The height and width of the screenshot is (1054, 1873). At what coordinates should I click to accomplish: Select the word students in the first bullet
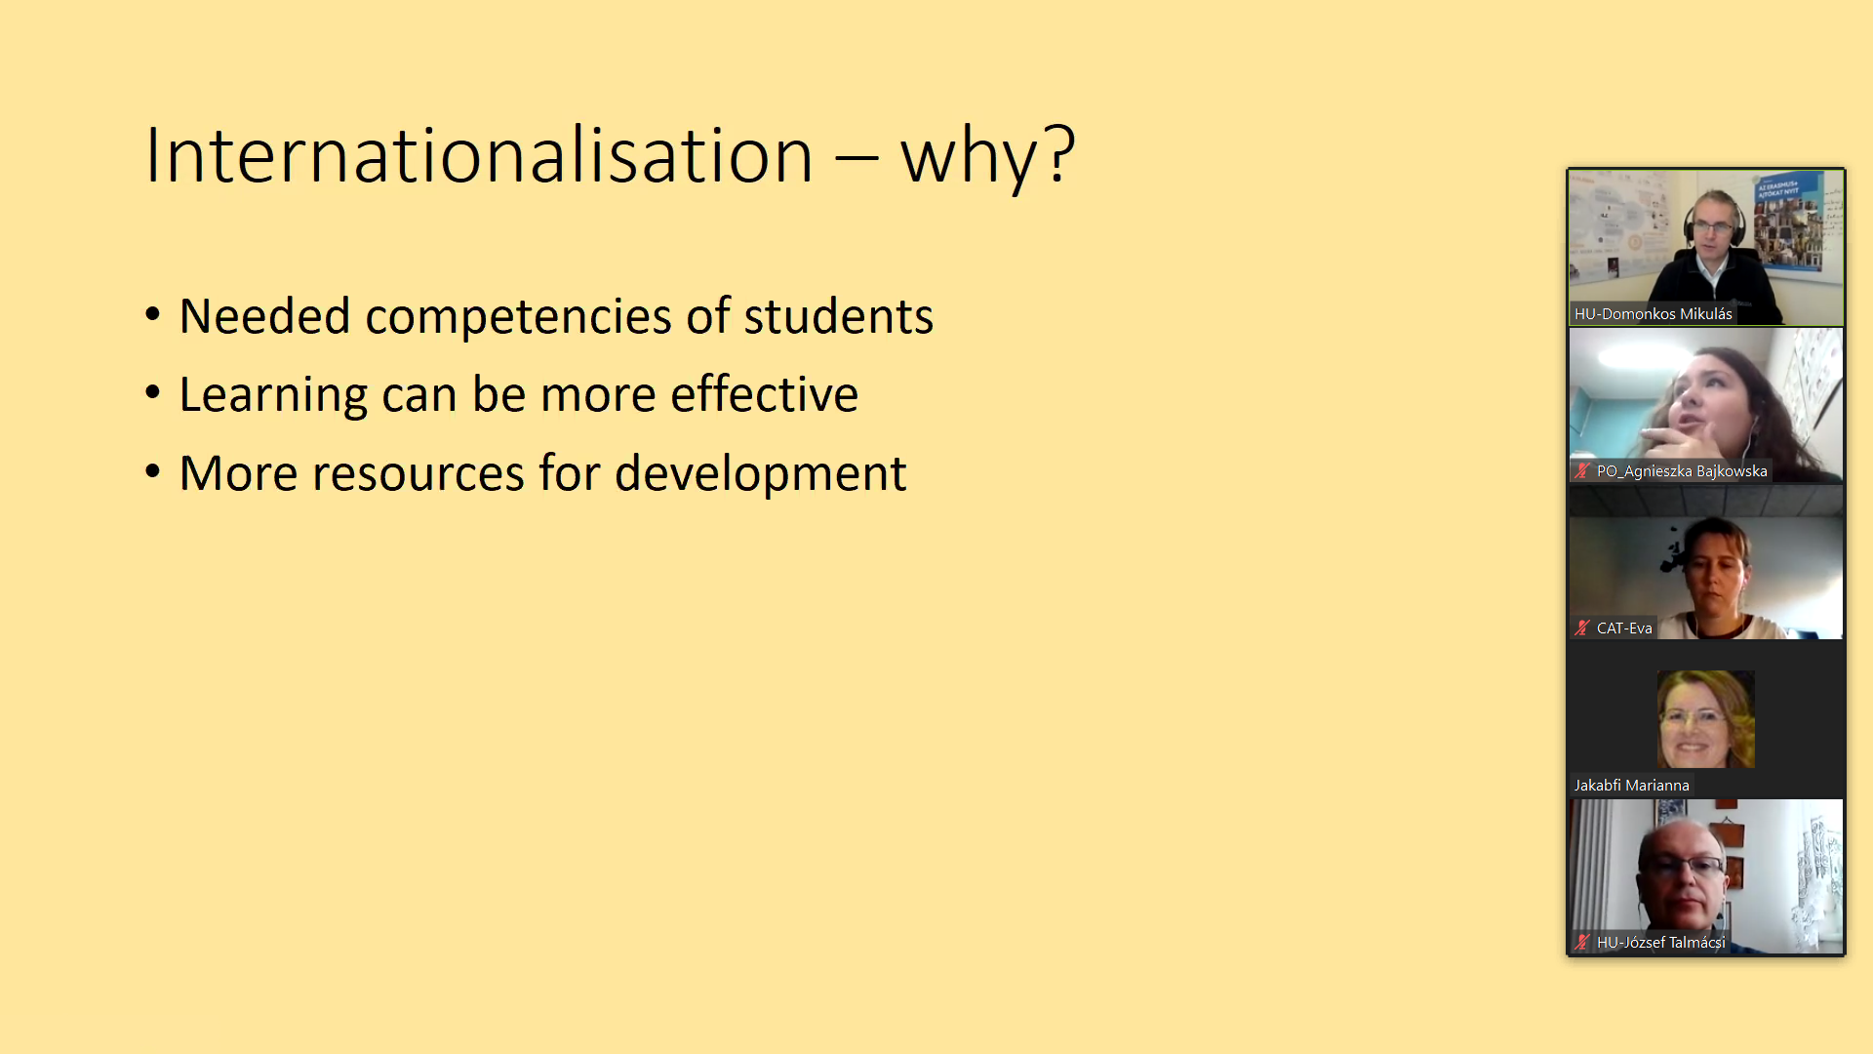(838, 316)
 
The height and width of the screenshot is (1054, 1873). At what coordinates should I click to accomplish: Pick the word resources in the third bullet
(418, 473)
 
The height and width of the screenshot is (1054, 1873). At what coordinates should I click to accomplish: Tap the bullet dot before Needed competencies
(152, 315)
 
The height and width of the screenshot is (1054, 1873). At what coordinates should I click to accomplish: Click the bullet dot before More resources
(152, 472)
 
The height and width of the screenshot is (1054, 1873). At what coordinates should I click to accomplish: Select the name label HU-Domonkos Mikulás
(1653, 314)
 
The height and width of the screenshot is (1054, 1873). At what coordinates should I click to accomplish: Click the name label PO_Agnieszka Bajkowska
(1682, 471)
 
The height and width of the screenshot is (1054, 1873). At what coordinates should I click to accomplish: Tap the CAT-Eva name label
(1624, 628)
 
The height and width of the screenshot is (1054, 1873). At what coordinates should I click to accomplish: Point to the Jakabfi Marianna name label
(1631, 786)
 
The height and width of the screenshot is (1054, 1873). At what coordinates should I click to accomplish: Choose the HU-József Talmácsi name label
(1660, 943)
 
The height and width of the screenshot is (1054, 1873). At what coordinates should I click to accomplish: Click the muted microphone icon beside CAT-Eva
(1582, 628)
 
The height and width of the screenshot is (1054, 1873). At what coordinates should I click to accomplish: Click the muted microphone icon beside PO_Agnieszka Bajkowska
(1582, 471)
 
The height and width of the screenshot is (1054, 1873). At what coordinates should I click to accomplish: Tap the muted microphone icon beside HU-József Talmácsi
(1582, 943)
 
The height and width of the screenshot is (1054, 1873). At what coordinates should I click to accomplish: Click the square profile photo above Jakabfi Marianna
(1705, 719)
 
